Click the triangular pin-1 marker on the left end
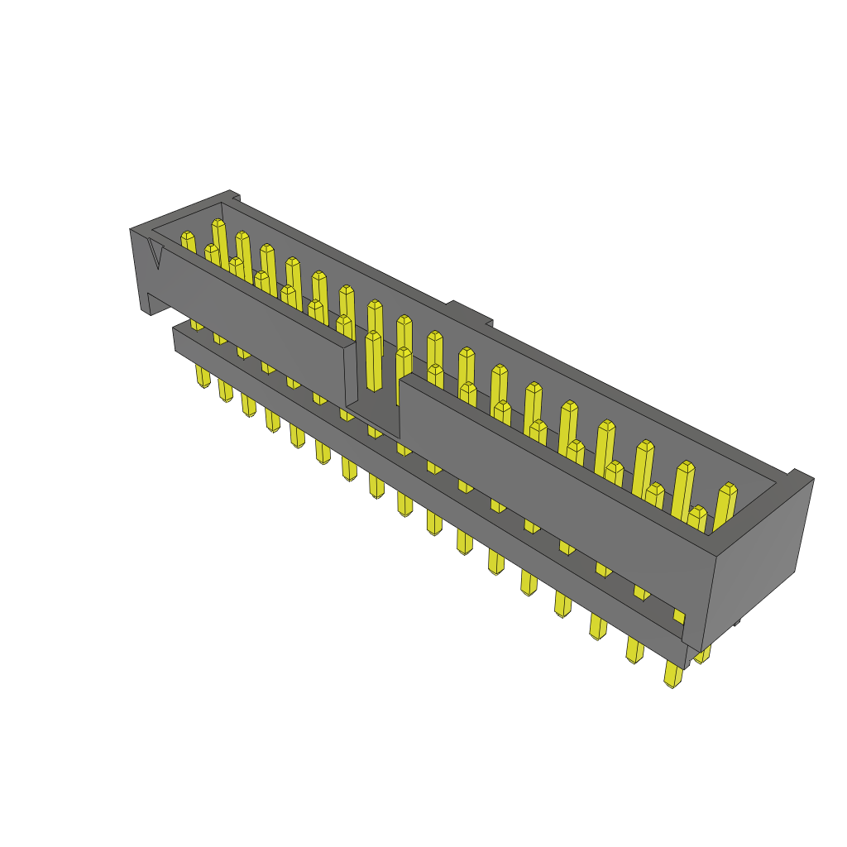click(156, 251)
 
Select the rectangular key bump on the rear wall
click(471, 314)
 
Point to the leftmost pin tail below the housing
click(203, 376)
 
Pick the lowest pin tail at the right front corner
click(673, 675)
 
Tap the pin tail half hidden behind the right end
click(703, 655)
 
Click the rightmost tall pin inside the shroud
click(725, 505)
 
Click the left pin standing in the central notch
click(374, 361)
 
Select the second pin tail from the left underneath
click(226, 390)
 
